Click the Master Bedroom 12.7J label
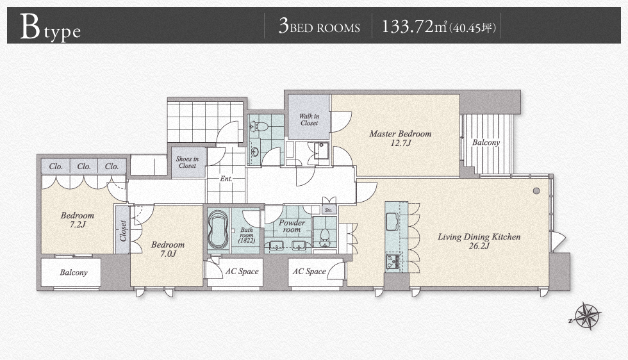pos(401,138)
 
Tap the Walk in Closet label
pos(309,120)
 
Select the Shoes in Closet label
pos(187,162)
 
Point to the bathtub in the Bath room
pos(219,229)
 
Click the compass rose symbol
pos(588,316)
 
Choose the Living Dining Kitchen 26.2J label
pos(479,241)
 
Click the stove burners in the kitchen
pos(392,261)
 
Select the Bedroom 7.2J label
pos(78,220)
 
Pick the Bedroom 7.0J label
pos(168,249)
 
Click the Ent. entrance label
pos(226,179)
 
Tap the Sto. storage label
pos(329,210)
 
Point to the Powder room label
pos(292,226)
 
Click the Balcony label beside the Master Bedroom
pos(486,142)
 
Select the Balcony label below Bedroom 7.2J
pos(74,272)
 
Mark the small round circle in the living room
pos(537,191)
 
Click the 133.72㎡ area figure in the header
pos(414,27)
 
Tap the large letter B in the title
pos(31,27)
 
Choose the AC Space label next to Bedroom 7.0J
pos(242,272)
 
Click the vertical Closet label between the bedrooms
pos(123,231)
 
